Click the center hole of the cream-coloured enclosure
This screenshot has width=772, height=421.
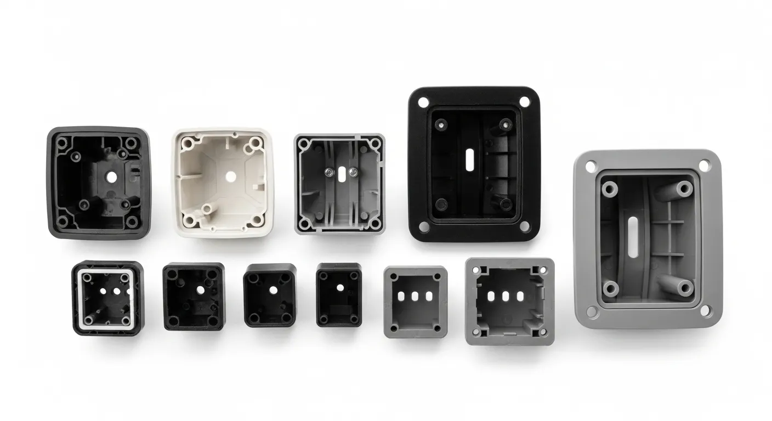coord(230,177)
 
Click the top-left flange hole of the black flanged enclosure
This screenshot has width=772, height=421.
coord(423,102)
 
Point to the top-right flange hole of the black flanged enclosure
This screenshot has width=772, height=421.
coord(524,102)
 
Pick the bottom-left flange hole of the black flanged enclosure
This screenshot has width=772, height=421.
coord(423,226)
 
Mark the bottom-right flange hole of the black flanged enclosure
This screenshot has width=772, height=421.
coord(525,226)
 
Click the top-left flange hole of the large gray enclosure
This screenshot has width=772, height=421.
coord(591,165)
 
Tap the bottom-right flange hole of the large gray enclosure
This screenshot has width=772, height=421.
coord(705,310)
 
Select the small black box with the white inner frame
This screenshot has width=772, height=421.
coord(108,298)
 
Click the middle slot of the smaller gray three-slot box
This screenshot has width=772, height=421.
coord(415,297)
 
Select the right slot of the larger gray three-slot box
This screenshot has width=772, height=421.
coord(518,297)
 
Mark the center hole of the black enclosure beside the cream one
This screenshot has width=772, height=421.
coord(111,177)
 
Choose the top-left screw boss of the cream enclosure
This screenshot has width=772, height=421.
coord(188,143)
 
